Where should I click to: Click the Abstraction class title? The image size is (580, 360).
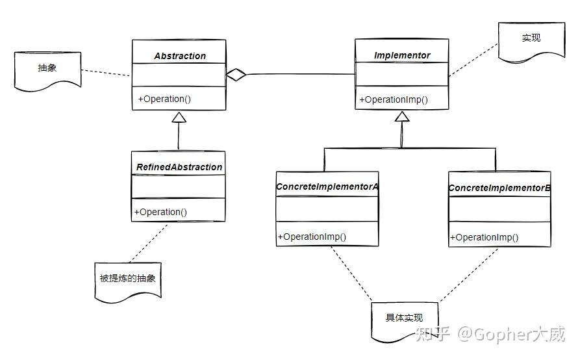click(x=180, y=56)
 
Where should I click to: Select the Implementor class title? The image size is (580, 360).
click(x=402, y=55)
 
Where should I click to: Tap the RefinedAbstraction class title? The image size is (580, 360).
click(x=179, y=167)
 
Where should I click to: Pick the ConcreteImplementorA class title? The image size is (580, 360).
click(x=327, y=186)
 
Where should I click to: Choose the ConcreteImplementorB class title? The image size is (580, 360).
click(x=499, y=188)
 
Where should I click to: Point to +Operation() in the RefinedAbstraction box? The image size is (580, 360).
click(x=160, y=211)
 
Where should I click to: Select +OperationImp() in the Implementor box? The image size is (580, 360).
click(x=394, y=99)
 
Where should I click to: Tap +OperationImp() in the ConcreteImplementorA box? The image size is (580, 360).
click(x=312, y=237)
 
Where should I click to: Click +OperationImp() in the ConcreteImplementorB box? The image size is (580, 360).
click(x=485, y=237)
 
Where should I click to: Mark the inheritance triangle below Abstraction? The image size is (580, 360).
click(x=179, y=118)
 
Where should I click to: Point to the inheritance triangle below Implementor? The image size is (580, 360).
click(x=402, y=117)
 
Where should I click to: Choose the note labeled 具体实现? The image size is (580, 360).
click(x=404, y=318)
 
